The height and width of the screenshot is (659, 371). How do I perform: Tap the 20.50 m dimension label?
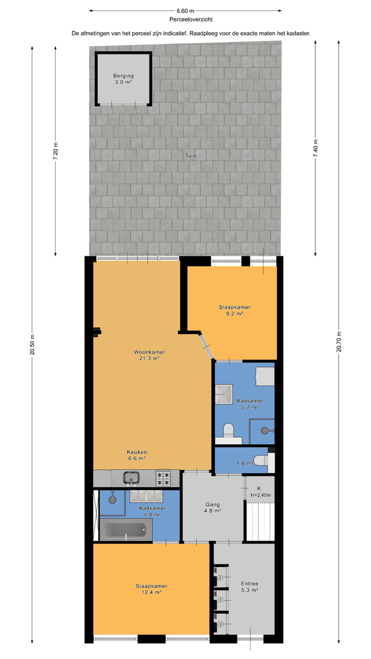point(32,345)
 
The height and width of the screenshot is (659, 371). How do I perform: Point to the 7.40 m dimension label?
point(315,149)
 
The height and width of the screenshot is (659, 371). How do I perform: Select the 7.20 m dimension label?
point(55,150)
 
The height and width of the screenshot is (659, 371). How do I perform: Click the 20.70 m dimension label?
point(339,343)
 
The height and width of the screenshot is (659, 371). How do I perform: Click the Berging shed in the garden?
point(123,78)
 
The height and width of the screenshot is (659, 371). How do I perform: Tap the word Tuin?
point(191,156)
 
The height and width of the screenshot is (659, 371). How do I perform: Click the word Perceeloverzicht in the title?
point(185,19)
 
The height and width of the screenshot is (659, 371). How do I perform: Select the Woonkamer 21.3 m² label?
point(149,355)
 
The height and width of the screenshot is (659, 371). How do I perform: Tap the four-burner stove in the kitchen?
point(163,478)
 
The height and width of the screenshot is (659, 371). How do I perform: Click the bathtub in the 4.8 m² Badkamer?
point(126,529)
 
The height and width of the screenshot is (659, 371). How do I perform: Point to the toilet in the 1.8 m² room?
point(263,461)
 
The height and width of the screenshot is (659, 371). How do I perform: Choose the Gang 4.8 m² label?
point(213,508)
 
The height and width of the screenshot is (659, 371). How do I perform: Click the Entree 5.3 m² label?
point(249,587)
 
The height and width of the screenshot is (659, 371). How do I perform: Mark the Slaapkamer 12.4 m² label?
point(149,589)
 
